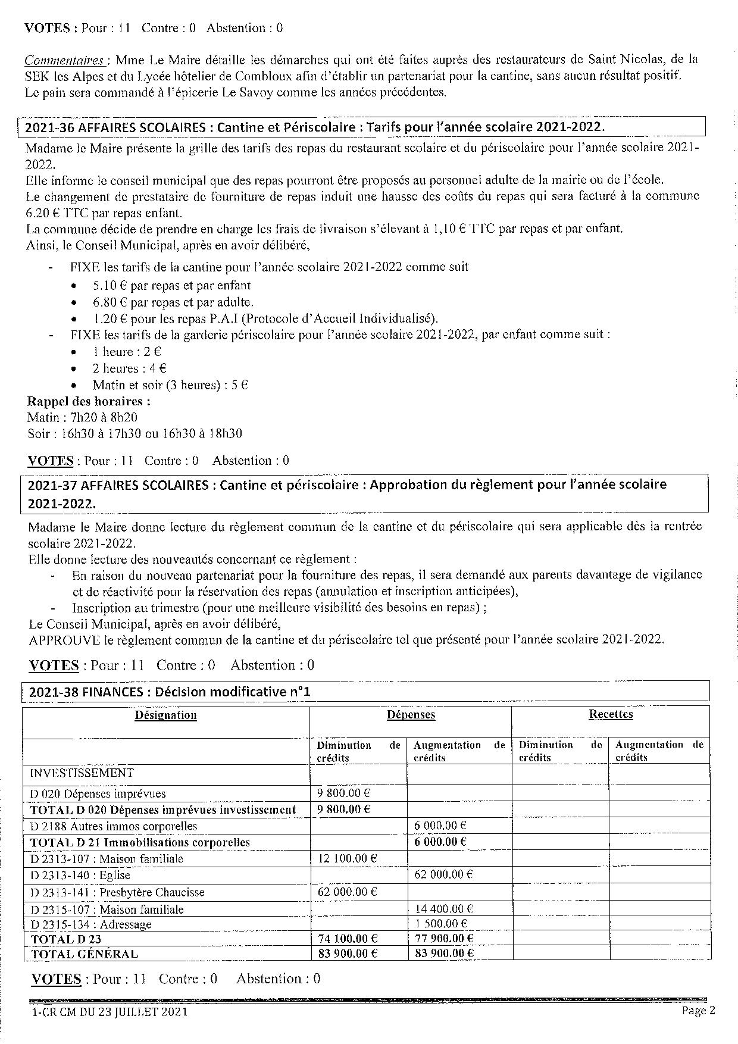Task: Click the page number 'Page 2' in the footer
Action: [x=698, y=1011]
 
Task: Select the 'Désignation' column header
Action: [x=165, y=715]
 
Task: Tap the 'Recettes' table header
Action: [x=611, y=714]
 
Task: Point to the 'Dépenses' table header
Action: [x=411, y=715]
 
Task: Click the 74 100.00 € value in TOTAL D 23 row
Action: [x=347, y=939]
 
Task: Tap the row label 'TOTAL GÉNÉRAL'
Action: [x=84, y=954]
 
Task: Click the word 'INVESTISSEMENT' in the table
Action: [x=82, y=773]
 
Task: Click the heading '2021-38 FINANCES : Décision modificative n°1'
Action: [x=170, y=692]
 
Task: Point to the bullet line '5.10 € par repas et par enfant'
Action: [x=171, y=285]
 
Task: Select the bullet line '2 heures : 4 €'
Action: [x=129, y=368]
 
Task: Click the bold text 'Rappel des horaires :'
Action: [x=89, y=401]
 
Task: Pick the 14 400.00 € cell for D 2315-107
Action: [x=443, y=908]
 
